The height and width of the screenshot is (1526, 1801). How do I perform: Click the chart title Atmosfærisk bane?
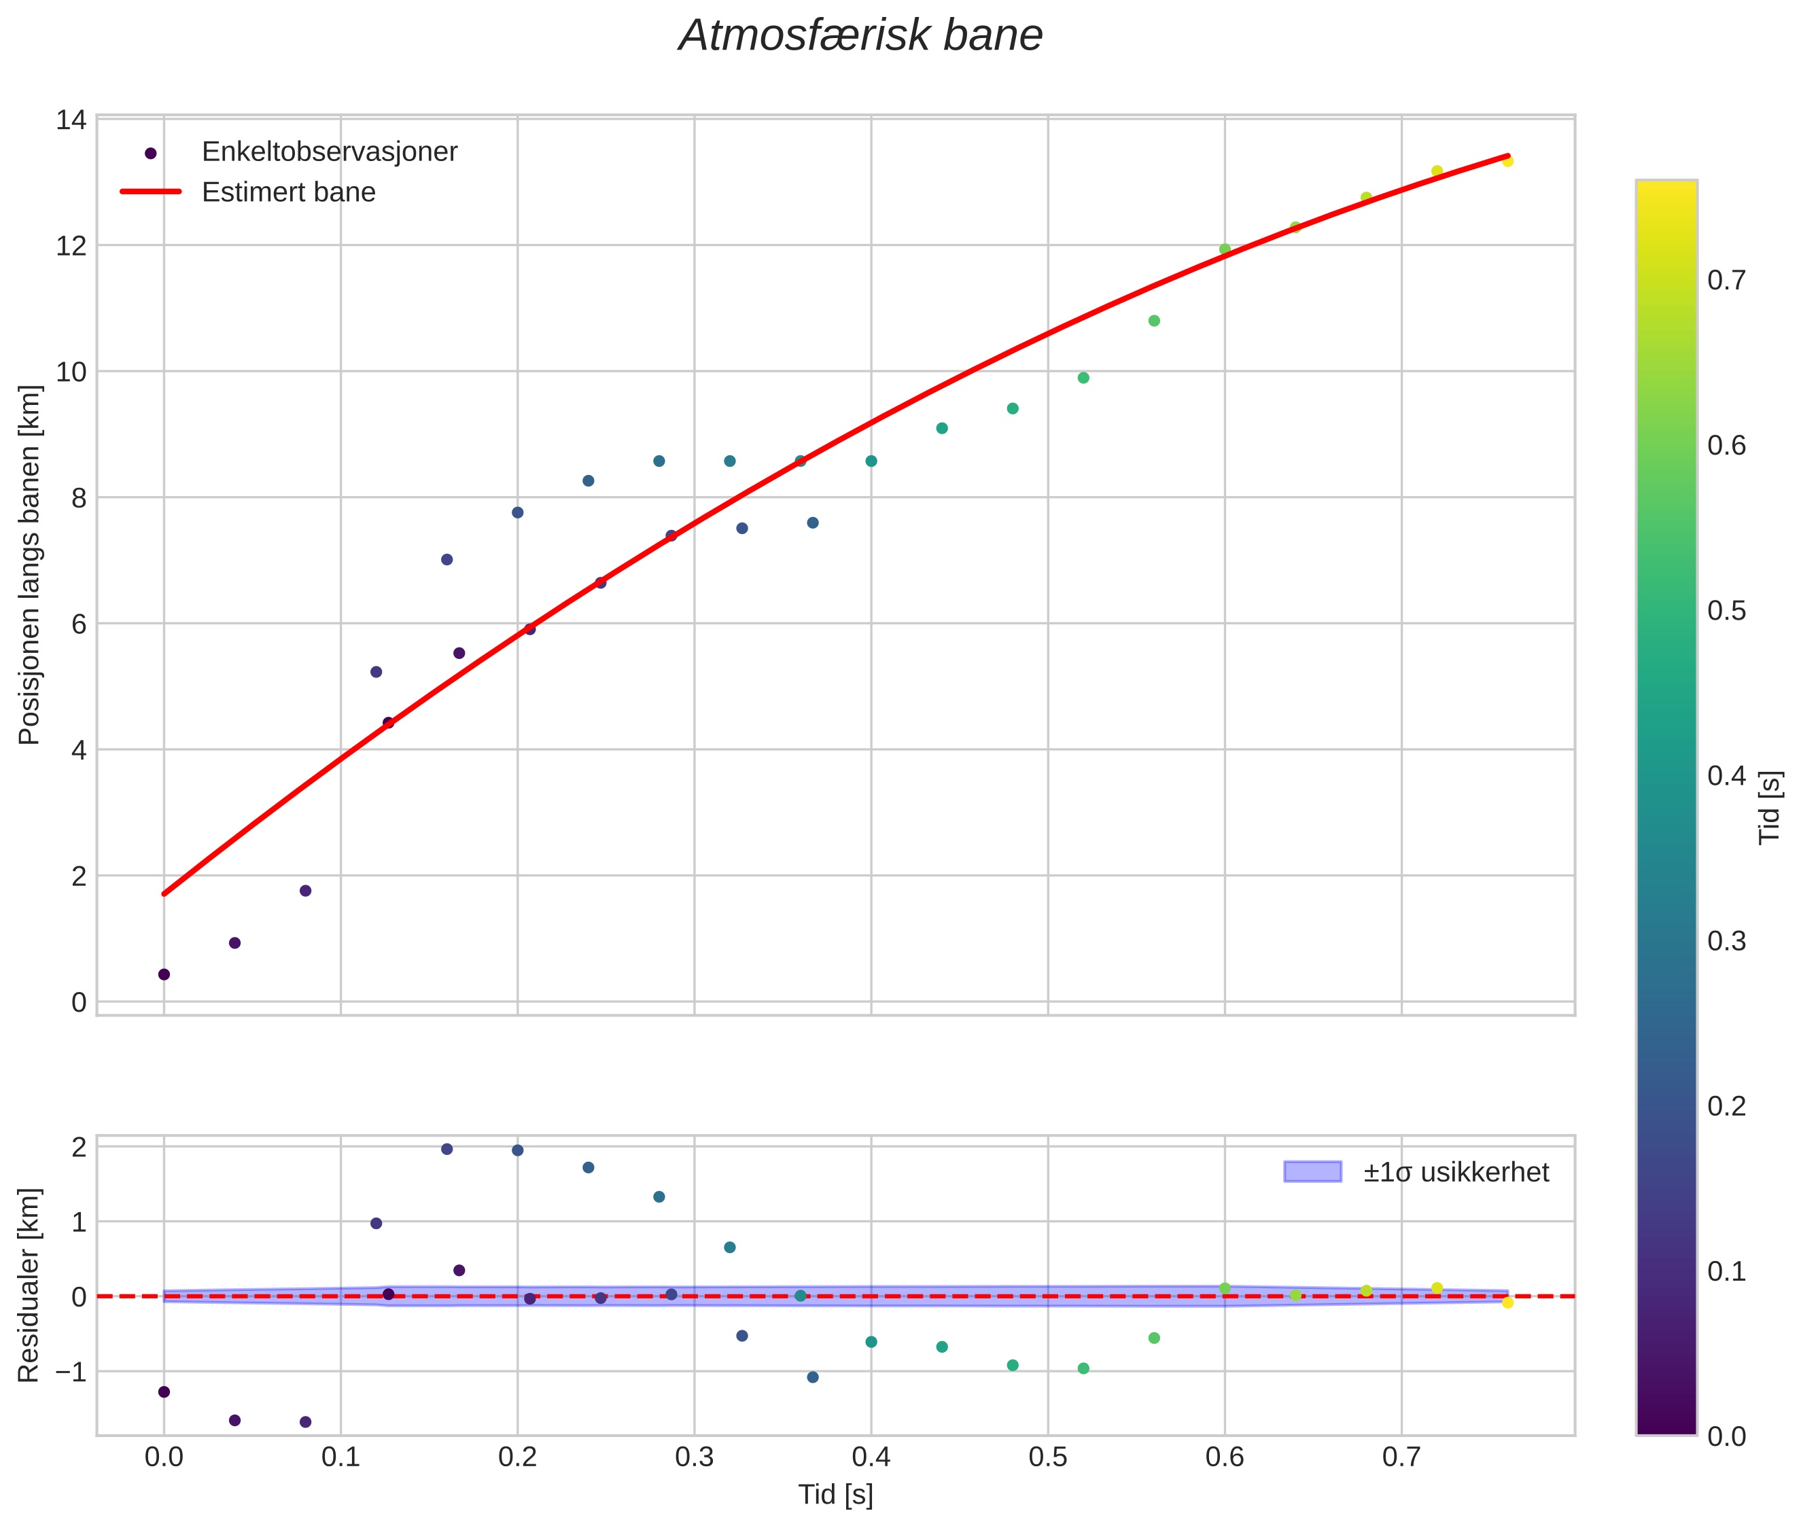860,36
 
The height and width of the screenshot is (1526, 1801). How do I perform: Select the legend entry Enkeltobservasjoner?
329,152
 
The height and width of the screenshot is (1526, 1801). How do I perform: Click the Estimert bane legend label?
288,192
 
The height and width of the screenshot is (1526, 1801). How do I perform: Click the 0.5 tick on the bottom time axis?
1047,1457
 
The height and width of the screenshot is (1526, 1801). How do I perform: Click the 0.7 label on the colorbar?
1726,281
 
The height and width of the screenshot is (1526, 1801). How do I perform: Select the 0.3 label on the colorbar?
1726,941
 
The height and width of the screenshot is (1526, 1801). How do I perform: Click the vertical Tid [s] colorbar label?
1770,807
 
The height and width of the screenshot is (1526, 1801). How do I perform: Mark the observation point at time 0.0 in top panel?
164,975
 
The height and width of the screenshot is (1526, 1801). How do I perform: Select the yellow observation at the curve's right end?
1507,161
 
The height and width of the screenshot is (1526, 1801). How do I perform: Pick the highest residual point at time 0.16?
447,1150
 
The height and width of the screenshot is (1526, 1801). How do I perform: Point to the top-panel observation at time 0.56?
1153,321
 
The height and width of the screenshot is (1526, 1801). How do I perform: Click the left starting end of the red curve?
164,893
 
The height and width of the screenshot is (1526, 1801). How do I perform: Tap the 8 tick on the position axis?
78,498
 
